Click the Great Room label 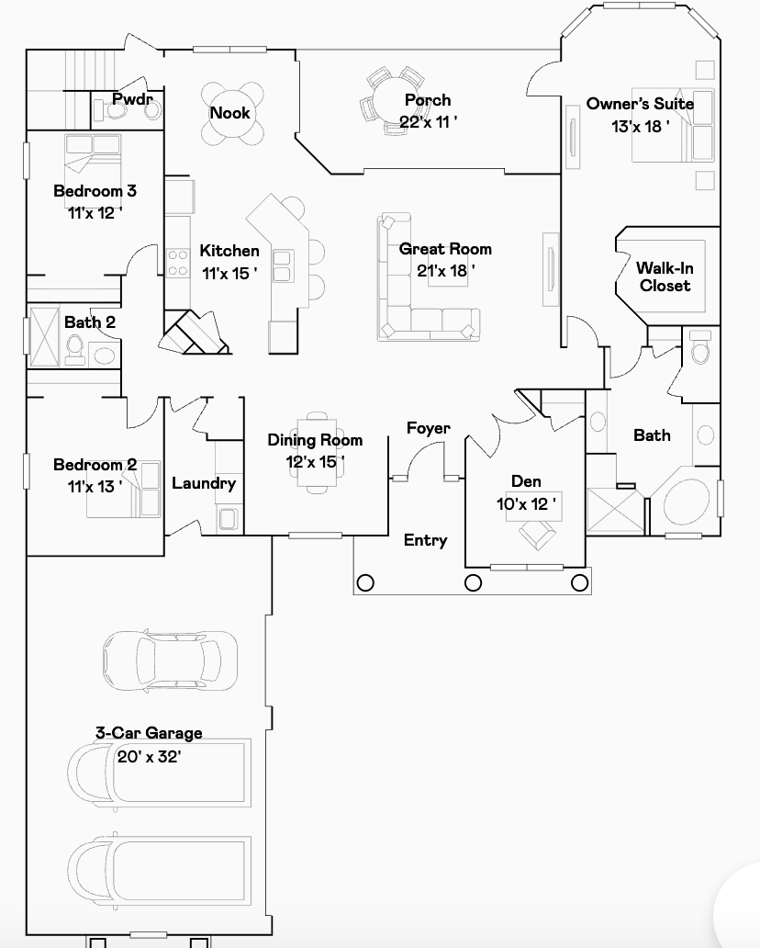pyautogui.click(x=445, y=249)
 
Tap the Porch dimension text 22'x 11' pyautogui.click(x=429, y=122)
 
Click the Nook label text pyautogui.click(x=229, y=113)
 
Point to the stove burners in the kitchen pyautogui.click(x=178, y=263)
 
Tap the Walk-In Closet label pyautogui.click(x=665, y=276)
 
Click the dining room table pyautogui.click(x=317, y=452)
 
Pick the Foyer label pyautogui.click(x=429, y=429)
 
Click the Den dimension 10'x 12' pyautogui.click(x=526, y=504)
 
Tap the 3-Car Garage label pyautogui.click(x=149, y=733)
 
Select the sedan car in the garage pyautogui.click(x=170, y=660)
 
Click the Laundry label pyautogui.click(x=204, y=484)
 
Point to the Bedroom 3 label pyautogui.click(x=95, y=191)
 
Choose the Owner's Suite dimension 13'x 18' pyautogui.click(x=641, y=127)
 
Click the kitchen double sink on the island pyautogui.click(x=282, y=266)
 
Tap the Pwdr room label pyautogui.click(x=132, y=99)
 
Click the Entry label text pyautogui.click(x=425, y=540)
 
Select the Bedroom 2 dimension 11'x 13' pyautogui.click(x=95, y=487)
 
